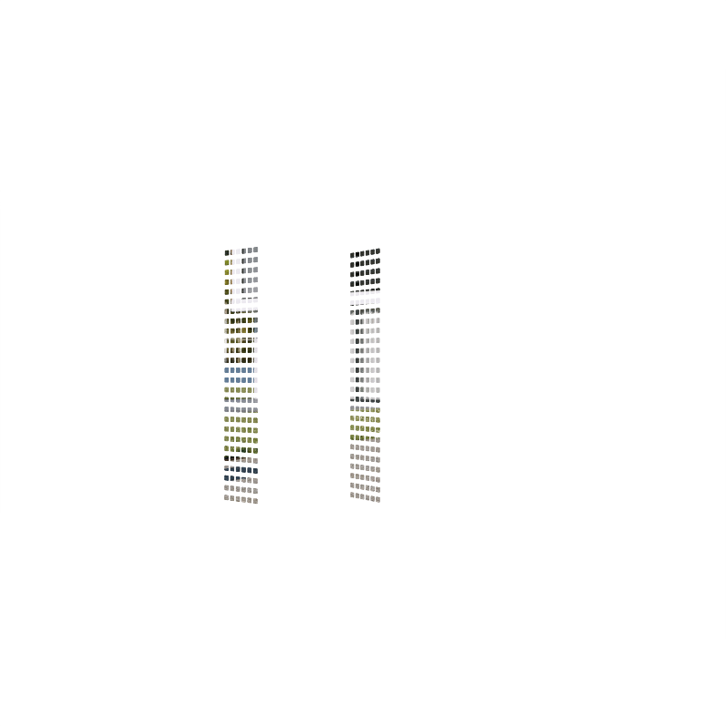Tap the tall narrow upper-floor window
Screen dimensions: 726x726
point(261,233)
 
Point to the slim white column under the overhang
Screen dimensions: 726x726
point(259,355)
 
